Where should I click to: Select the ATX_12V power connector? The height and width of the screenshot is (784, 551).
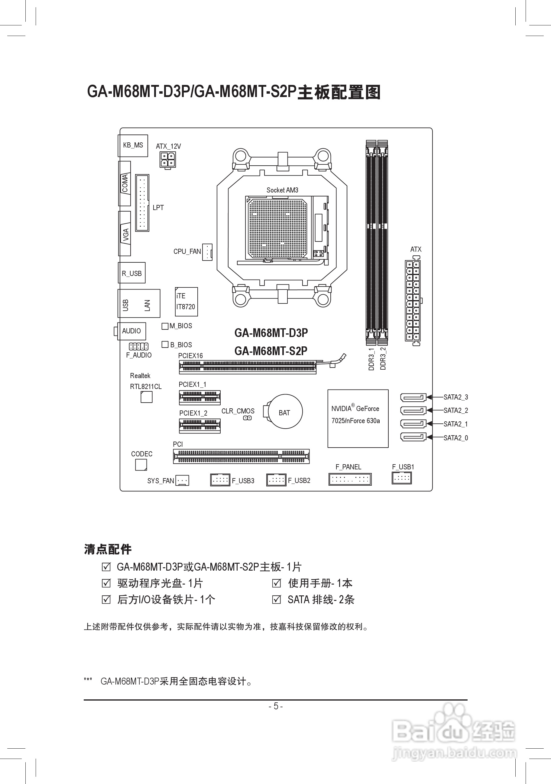[168, 160]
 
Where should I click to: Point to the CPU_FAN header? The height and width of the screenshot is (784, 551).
[207, 252]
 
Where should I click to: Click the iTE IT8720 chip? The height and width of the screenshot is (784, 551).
[186, 302]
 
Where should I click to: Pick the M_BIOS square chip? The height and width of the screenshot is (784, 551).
[165, 326]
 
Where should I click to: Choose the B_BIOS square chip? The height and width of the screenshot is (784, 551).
[165, 345]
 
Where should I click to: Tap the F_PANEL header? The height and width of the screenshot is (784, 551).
[350, 479]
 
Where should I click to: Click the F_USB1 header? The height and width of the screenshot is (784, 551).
[401, 478]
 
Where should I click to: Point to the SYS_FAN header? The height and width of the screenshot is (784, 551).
[182, 481]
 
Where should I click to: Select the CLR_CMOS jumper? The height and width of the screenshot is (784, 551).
[248, 418]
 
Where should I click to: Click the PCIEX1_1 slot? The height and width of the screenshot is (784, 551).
[200, 397]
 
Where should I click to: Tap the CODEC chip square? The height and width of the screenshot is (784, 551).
[141, 465]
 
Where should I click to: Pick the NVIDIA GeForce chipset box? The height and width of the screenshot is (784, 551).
[358, 418]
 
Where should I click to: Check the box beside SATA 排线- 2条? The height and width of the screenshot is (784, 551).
[277, 600]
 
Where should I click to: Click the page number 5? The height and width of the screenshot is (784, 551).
[276, 706]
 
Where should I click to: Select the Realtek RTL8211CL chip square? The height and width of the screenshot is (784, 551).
[147, 397]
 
